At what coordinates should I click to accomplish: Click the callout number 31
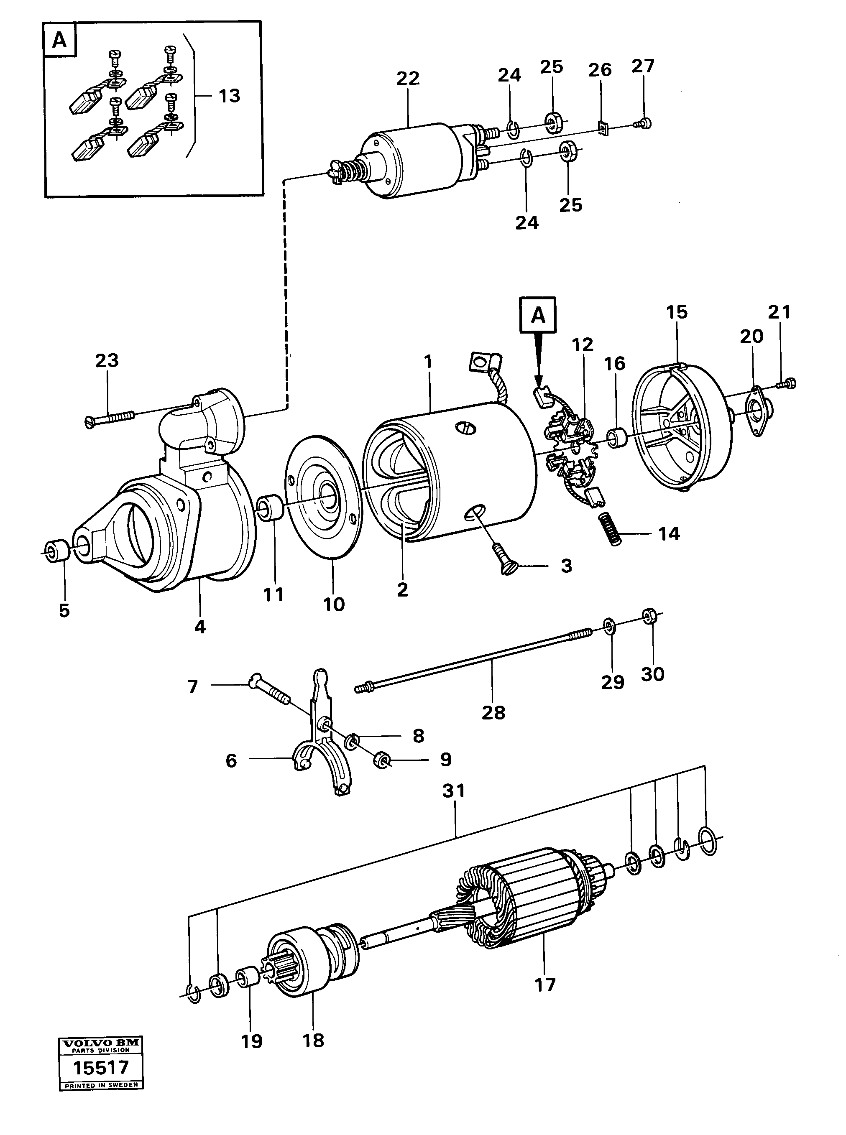click(x=454, y=791)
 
